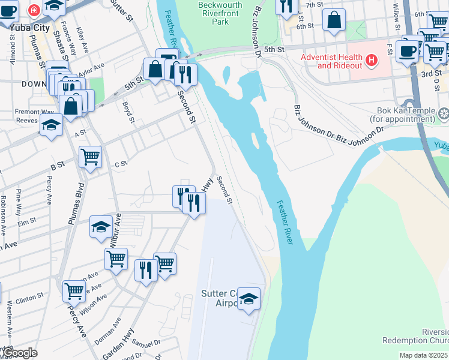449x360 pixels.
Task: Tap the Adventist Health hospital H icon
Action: (x=372, y=60)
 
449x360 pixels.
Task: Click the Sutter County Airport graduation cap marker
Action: (x=248, y=298)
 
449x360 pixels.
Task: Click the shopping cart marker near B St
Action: (x=90, y=157)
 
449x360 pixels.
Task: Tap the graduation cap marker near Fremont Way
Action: (x=51, y=125)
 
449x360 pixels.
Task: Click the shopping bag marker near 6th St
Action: (x=334, y=20)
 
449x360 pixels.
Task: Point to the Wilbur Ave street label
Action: (x=114, y=230)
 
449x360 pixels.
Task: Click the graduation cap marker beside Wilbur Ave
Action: (x=101, y=226)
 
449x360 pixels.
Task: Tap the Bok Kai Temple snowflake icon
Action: (x=444, y=113)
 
